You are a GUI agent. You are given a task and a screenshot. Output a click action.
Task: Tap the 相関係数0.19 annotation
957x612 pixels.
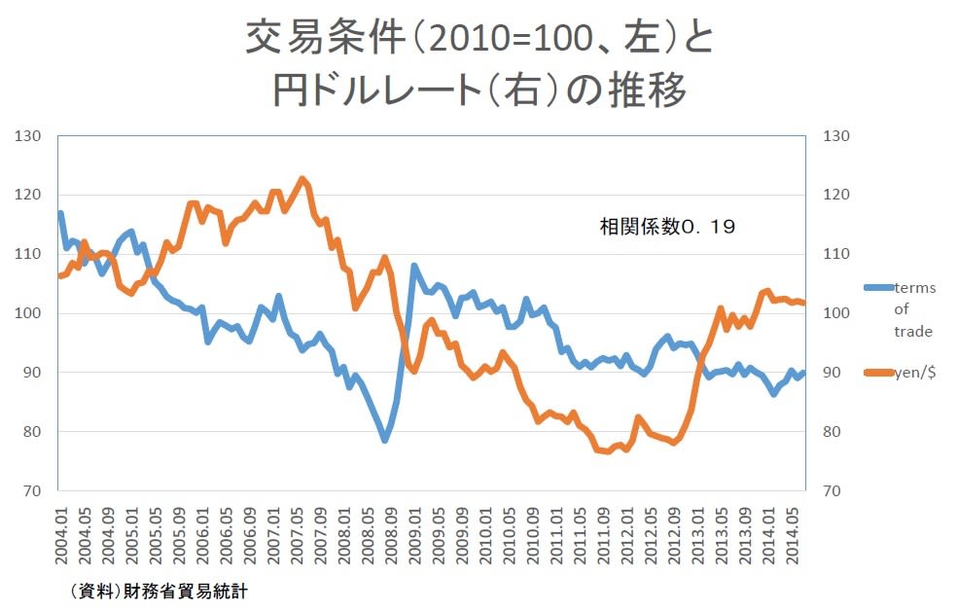[x=666, y=228]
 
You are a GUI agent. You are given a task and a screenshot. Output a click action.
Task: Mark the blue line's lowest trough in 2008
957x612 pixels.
[x=385, y=440]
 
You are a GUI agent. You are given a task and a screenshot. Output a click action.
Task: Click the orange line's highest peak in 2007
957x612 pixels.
[x=302, y=179]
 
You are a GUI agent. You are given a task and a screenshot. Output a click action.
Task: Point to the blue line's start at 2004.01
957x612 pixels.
[x=60, y=213]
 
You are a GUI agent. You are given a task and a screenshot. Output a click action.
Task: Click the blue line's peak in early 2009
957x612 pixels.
[x=414, y=266]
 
